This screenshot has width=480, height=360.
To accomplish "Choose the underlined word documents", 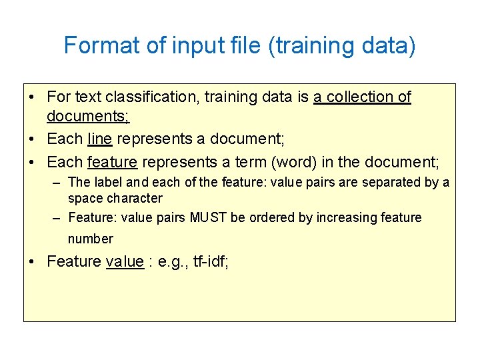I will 87,117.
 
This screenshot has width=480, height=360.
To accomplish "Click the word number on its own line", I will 91,239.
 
